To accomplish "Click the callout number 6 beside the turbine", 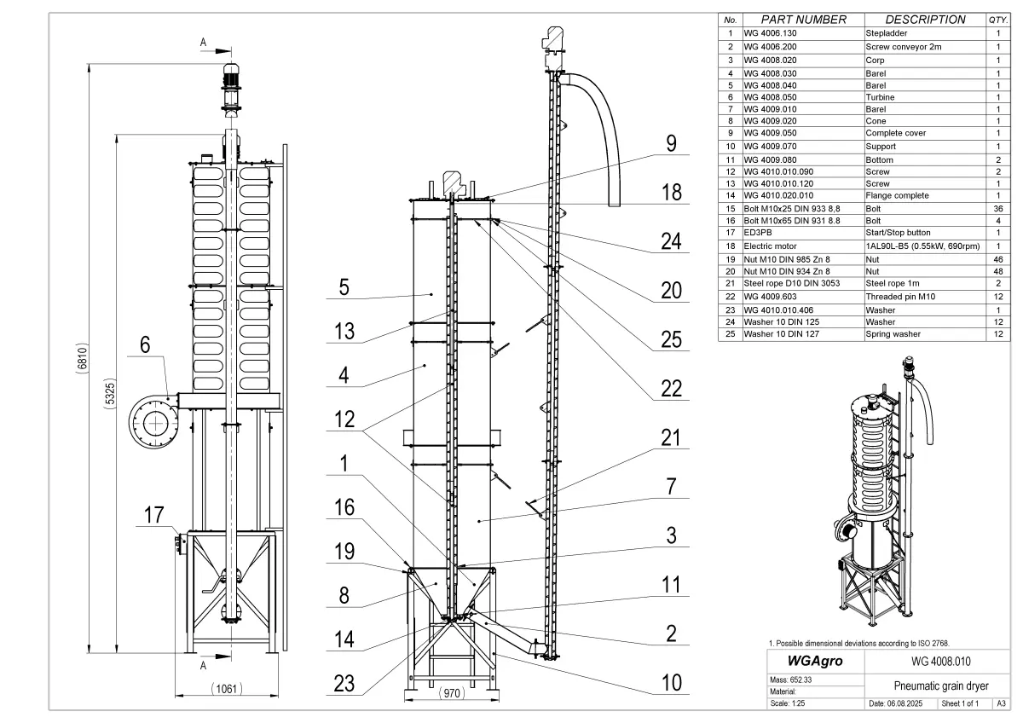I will pos(144,346).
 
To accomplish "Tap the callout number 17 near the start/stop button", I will pos(153,515).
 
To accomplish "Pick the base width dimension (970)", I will pos(452,694).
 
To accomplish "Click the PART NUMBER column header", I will pos(803,20).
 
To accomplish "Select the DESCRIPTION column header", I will pos(925,20).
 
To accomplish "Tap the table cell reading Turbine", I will pos(881,97).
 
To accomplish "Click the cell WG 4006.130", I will pos(772,32).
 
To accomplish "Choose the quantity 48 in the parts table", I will pos(997,271).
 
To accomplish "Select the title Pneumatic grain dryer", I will pos(935,685).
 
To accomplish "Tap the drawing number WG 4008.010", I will pos(935,661).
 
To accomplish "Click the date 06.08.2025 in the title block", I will pos(900,704).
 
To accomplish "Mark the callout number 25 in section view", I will pos(672,339).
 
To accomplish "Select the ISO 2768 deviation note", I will pos(858,643).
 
